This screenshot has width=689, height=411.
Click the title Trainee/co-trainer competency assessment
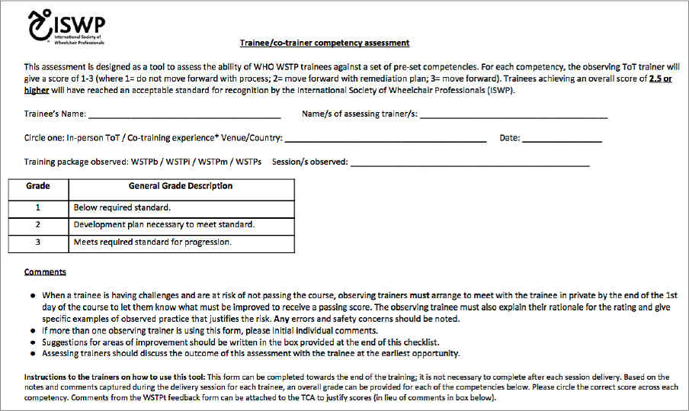coord(325,43)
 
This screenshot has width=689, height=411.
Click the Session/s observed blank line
coord(469,164)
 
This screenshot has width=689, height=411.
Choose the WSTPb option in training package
coord(146,162)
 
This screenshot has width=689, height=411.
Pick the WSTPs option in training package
coord(249,162)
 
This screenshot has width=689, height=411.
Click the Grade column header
coord(38,186)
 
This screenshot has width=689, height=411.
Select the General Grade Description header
coord(181,186)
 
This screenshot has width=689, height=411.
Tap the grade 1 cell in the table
coord(38,207)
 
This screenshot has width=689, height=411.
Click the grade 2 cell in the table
coord(38,225)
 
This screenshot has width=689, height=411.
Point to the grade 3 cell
coord(38,242)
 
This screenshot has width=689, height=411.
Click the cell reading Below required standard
coord(122,207)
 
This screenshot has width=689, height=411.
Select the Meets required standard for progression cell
coord(152,242)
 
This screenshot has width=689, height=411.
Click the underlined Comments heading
coord(45,271)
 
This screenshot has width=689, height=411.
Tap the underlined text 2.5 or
coord(660,79)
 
